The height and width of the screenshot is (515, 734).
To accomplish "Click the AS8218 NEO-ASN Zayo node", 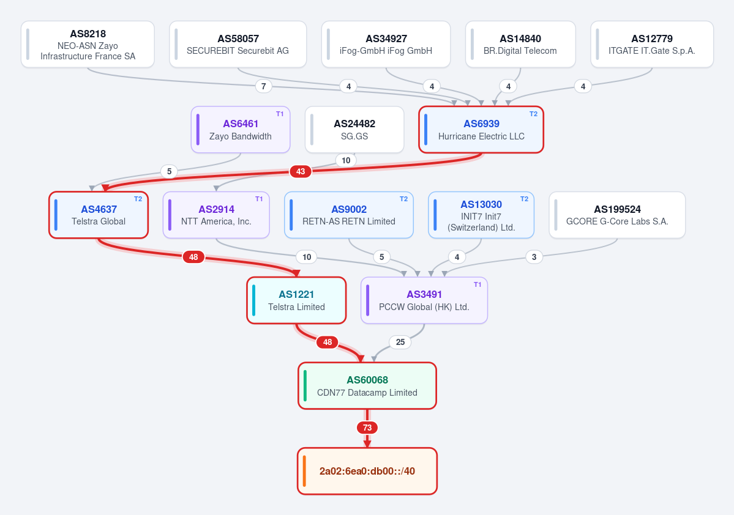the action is point(88,45).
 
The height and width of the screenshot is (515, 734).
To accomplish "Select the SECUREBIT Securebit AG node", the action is point(238,45).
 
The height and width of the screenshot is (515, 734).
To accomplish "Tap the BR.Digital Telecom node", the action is point(520,45).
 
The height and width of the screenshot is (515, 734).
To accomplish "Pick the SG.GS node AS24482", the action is point(354,130).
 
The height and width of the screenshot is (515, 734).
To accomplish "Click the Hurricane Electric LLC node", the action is point(481,130).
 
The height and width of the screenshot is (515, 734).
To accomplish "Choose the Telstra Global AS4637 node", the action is point(99,215).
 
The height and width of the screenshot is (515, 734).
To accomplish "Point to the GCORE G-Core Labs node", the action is point(617,215).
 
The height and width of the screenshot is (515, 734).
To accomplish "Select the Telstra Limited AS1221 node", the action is point(296,300).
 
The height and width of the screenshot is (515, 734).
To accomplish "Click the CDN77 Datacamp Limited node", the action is point(367,386).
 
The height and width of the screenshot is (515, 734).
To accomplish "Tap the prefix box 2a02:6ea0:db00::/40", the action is point(367,471).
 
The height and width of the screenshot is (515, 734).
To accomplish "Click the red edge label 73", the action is point(367,428).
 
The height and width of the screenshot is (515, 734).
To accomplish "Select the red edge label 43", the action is point(301,171).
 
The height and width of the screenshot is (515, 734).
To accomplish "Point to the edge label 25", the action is point(400,342).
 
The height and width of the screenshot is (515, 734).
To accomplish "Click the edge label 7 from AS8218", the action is point(264,86).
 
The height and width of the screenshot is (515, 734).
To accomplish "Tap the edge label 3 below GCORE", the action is point(534,257).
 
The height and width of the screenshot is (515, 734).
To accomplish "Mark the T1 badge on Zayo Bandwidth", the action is point(280,114).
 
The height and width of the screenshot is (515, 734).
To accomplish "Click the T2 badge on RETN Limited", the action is point(403,199).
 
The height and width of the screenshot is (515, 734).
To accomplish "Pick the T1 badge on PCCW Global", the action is point(477,284).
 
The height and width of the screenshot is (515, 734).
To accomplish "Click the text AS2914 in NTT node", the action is point(216,209).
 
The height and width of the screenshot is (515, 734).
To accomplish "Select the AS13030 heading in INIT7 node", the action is point(481,204).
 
